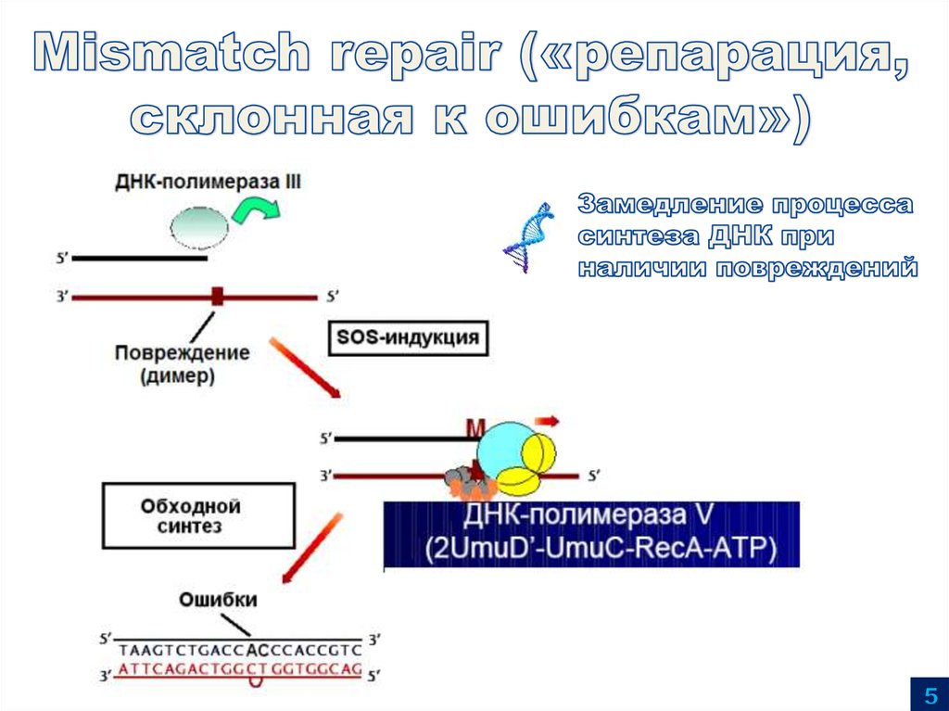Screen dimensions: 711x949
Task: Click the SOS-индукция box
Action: coord(408,337)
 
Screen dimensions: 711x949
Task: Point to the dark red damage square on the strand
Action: coord(218,297)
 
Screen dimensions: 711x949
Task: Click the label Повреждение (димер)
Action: coord(182,364)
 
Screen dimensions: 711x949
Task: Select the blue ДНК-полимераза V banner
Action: coord(591,534)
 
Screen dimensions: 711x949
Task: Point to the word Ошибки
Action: coord(219,599)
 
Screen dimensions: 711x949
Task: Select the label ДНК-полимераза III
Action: coord(209,182)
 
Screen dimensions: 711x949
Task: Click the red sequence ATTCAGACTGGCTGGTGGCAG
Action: coord(239,667)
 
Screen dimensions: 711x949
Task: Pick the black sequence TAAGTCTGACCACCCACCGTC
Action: coord(239,648)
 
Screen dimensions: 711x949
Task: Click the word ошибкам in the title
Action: coord(631,118)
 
